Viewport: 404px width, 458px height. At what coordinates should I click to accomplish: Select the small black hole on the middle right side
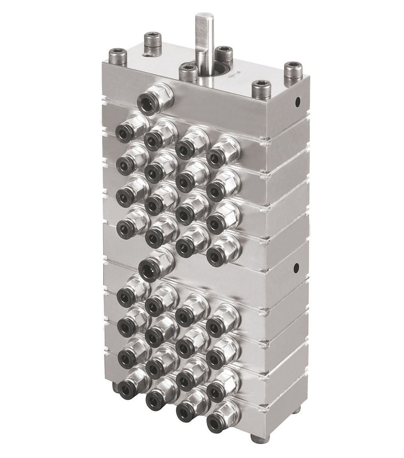click(296, 267)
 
